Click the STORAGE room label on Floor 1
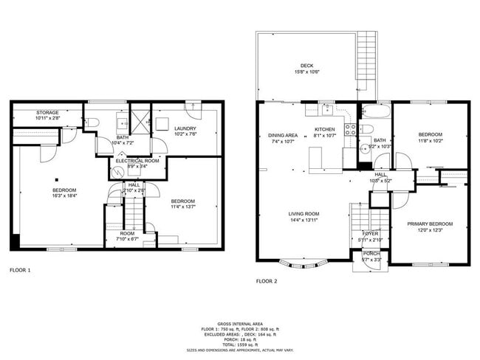pos(48,113)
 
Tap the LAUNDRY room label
pos(185,129)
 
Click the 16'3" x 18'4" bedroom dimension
pos(66,196)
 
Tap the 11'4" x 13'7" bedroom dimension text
pos(182,207)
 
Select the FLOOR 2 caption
pos(267,281)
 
